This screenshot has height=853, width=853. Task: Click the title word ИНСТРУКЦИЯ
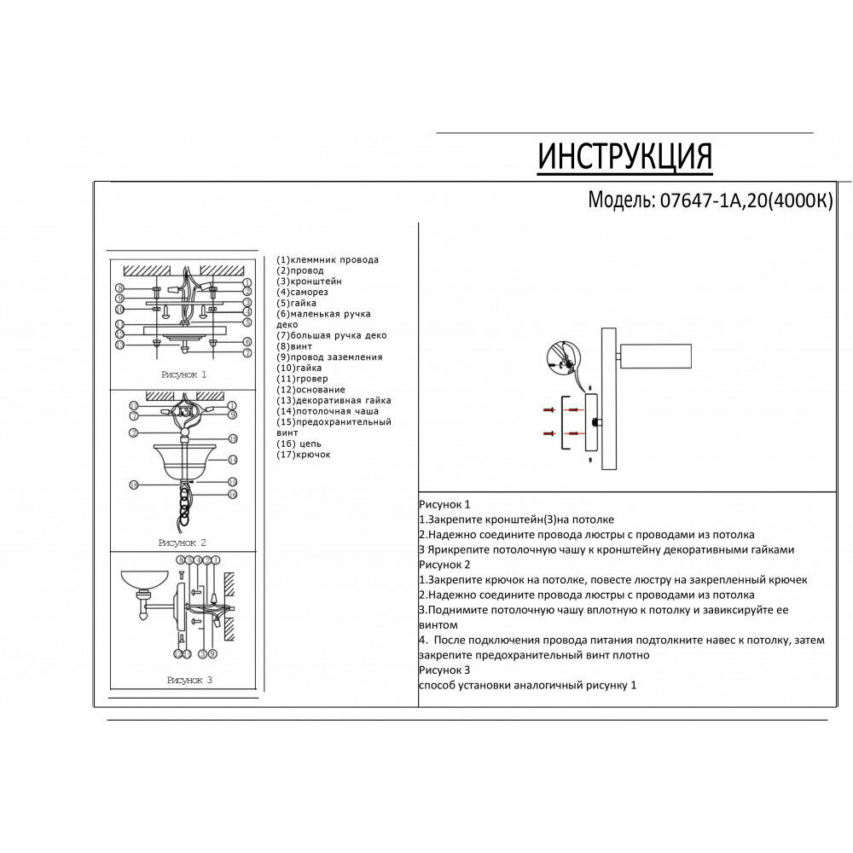[x=624, y=157]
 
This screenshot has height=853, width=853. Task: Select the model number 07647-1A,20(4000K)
[x=741, y=200]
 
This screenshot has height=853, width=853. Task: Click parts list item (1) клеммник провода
[x=328, y=259]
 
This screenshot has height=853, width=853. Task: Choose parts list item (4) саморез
[x=305, y=292]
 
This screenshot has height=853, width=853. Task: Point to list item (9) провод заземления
[x=329, y=357]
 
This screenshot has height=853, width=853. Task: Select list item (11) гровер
[x=302, y=379]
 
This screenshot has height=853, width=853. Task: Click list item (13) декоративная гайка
[x=334, y=400]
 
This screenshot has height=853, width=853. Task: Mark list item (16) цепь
[x=299, y=444]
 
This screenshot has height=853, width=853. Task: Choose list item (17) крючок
[x=304, y=455]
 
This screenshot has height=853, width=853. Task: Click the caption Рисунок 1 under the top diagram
[x=183, y=374]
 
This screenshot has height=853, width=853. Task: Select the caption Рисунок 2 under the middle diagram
[x=183, y=543]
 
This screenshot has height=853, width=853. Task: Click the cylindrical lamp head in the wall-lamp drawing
[x=654, y=356]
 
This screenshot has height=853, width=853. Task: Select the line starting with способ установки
[x=527, y=685]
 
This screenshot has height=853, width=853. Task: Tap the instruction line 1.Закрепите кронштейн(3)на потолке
[x=516, y=519]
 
